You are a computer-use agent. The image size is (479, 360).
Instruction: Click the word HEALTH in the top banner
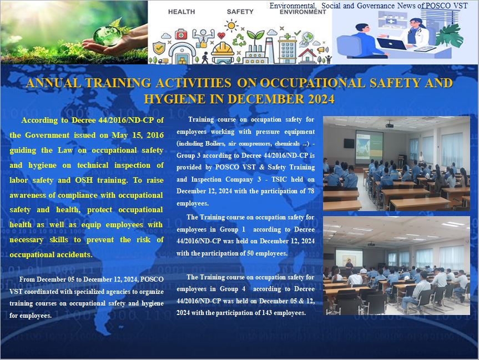[x=181, y=12]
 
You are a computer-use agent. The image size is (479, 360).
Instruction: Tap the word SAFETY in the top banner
[x=240, y=12]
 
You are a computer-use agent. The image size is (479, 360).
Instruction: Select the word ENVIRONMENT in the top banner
[x=302, y=12]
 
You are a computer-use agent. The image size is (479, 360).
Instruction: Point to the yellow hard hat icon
[x=223, y=49]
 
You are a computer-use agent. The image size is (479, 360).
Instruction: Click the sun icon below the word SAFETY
[x=231, y=26]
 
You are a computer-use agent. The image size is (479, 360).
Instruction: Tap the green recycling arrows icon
[x=239, y=41]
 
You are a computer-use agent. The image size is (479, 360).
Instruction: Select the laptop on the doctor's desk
[x=391, y=43]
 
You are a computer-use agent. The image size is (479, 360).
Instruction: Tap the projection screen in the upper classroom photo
[x=369, y=147]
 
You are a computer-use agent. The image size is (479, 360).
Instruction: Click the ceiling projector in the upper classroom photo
[x=389, y=125]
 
